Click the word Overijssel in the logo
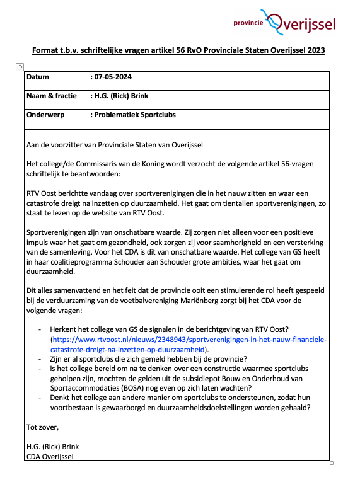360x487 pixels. [309, 24]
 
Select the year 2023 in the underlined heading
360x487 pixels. [314, 50]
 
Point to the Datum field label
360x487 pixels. [38, 77]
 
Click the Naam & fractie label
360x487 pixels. [52, 96]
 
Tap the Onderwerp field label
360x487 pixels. [47, 115]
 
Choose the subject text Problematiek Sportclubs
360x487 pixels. [135, 115]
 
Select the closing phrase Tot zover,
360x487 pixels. [42, 427]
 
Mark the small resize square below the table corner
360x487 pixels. [332, 463]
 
